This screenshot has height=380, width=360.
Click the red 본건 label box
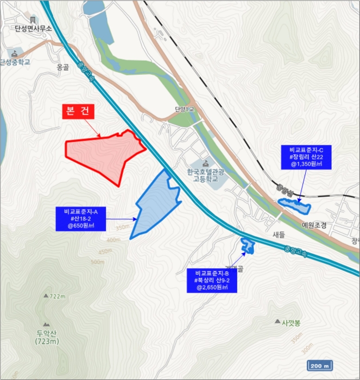coord(79,111)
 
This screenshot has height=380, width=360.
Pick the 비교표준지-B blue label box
coord(212,280)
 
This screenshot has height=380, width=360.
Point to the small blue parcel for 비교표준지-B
coord(248,245)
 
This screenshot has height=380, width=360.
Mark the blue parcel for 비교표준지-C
coord(294,206)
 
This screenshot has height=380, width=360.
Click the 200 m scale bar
coord(320,365)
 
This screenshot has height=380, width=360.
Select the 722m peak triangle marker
coord(46,296)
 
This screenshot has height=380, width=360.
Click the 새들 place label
coord(279,235)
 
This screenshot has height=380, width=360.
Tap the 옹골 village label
coord(63,68)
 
